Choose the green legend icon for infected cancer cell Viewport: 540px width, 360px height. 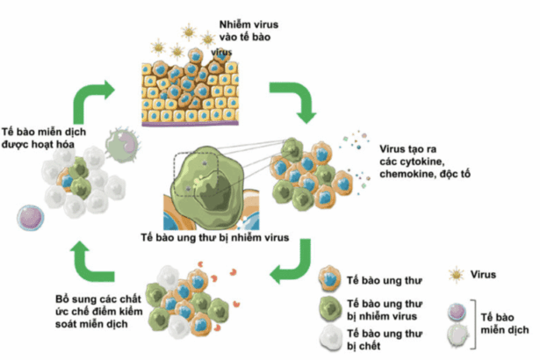pos(329,307)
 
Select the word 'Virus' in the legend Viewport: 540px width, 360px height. pos(485,275)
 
